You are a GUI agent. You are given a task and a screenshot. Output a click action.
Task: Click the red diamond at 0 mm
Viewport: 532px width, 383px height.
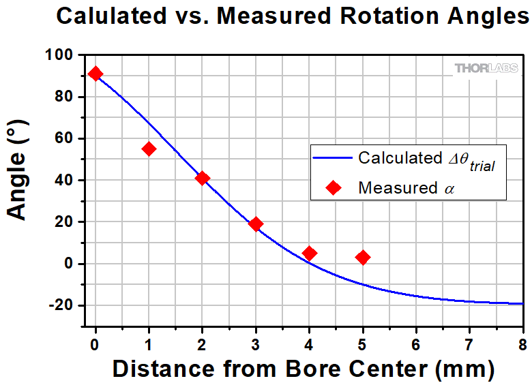point(95,74)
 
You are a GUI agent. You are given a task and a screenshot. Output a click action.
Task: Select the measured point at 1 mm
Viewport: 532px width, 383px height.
point(149,149)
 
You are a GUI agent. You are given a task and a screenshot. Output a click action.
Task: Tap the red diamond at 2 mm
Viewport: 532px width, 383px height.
point(202,178)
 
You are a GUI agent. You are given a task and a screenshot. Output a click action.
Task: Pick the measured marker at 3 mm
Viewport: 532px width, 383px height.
point(256,224)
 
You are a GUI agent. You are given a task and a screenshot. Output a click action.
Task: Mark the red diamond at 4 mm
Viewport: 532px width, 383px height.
point(309,254)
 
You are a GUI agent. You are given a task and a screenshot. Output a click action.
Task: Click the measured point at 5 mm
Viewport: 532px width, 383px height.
point(363,258)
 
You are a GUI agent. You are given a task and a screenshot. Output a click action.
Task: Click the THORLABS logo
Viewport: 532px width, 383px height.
point(485,68)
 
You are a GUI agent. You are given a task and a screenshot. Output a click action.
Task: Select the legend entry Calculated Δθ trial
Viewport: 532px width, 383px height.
point(426,159)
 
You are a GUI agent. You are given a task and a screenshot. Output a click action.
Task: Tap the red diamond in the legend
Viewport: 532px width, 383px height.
point(333,188)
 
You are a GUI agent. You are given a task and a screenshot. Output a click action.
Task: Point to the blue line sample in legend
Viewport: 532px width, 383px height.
point(332,158)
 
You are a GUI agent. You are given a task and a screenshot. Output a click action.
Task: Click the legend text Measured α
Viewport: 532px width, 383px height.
point(406,188)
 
